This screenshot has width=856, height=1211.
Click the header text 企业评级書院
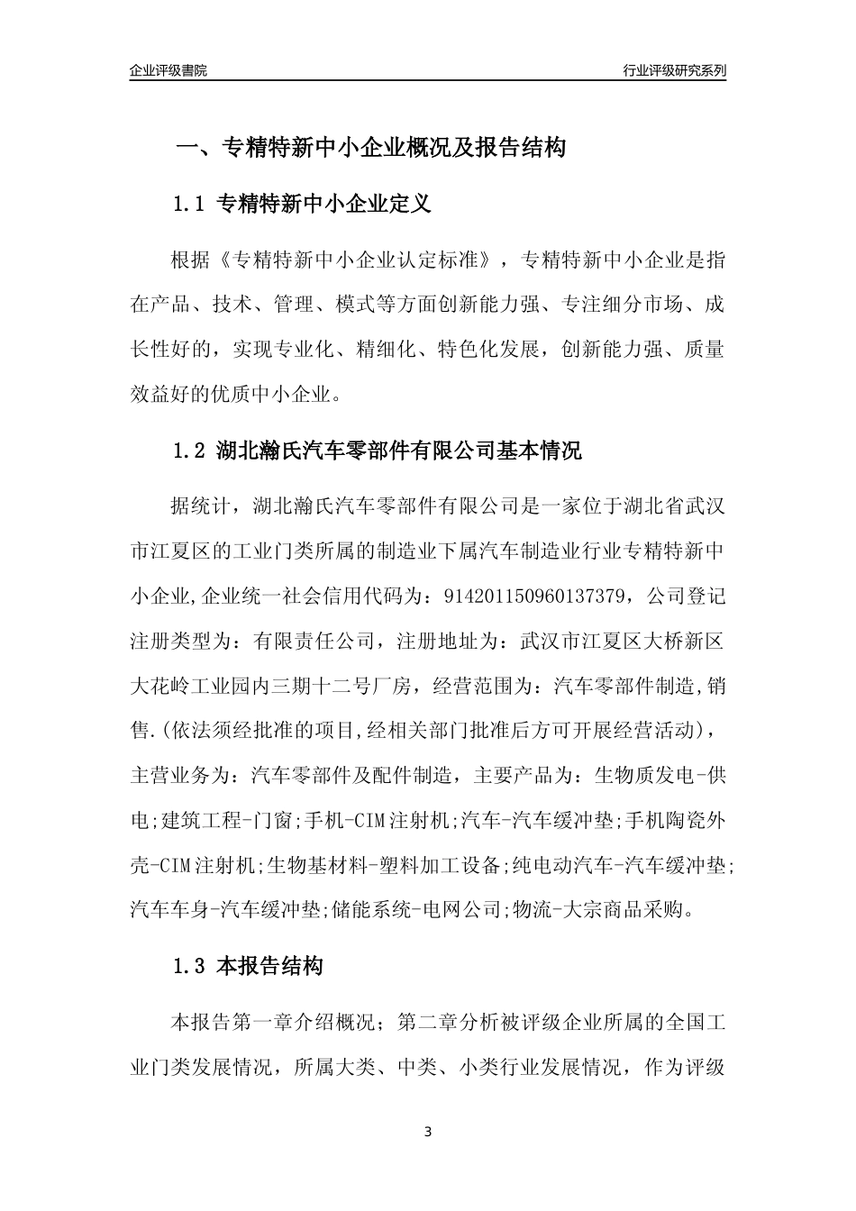tap(168, 70)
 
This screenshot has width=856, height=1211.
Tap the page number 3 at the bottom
tap(428, 1131)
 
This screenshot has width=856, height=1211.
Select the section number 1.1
tap(190, 205)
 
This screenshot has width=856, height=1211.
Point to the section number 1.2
tap(190, 451)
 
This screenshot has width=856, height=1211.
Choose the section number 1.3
tap(190, 968)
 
